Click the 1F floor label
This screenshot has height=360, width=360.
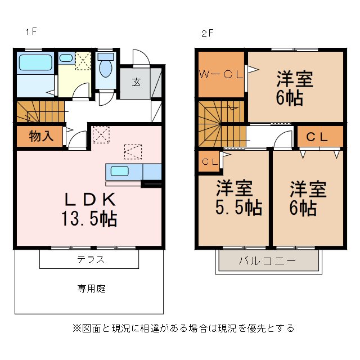pos(30,32)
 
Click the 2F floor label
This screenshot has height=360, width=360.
pos(207,33)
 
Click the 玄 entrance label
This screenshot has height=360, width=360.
pos(137,82)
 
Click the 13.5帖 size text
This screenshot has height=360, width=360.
pos(89,219)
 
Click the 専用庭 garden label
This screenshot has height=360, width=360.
pos(92,289)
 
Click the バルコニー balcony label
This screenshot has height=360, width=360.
pos(267,262)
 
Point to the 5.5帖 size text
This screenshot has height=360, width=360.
pos(238,207)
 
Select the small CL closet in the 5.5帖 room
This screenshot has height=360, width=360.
pos(210,162)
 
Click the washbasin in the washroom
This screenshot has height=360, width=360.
pos(66,58)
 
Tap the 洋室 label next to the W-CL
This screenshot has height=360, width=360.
pos(294,79)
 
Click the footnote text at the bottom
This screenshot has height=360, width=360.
pos(183,327)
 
